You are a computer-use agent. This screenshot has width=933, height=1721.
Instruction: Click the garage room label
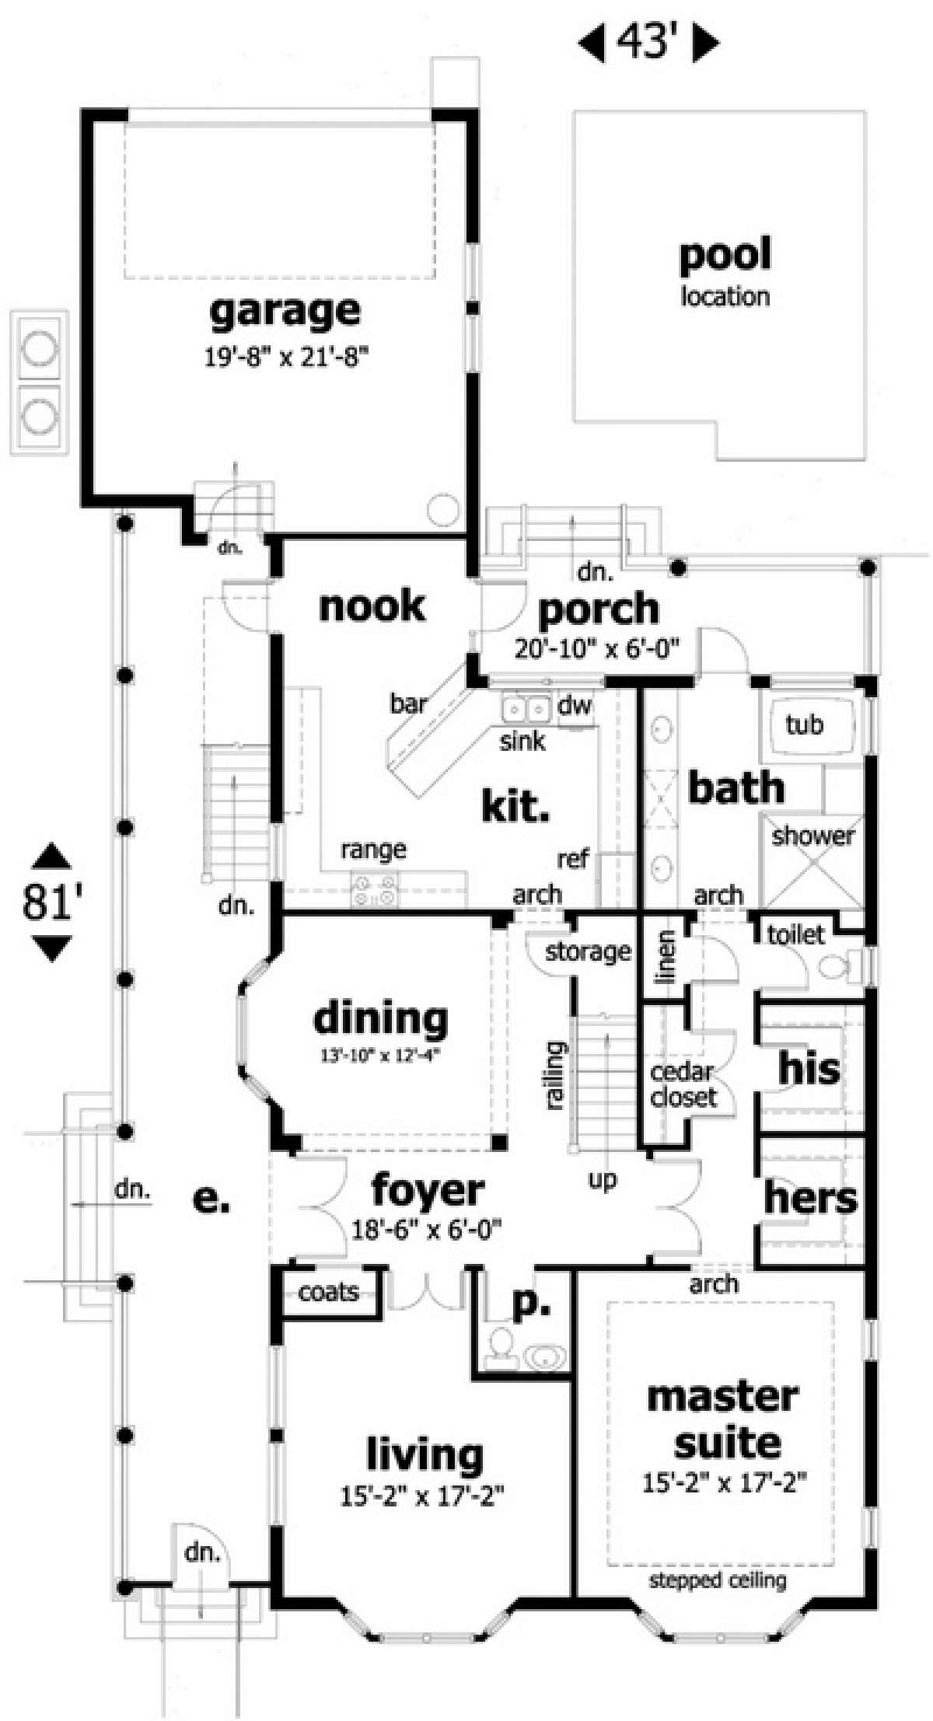pos(285,312)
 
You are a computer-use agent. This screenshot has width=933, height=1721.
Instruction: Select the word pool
pos(725,255)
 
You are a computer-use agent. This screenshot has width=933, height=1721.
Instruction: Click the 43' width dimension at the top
pos(648,44)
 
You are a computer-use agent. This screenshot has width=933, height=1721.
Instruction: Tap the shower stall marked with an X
pos(812,860)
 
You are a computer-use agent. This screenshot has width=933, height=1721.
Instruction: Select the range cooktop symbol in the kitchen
pos(374,888)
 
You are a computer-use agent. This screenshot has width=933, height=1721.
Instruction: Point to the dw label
pos(575,705)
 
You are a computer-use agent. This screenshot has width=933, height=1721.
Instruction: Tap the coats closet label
pos(328,1292)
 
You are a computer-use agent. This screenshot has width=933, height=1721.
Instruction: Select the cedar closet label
pos(683,1084)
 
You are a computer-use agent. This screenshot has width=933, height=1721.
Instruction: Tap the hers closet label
pos(810,1198)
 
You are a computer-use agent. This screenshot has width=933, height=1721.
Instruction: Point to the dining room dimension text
pos(381,1055)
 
